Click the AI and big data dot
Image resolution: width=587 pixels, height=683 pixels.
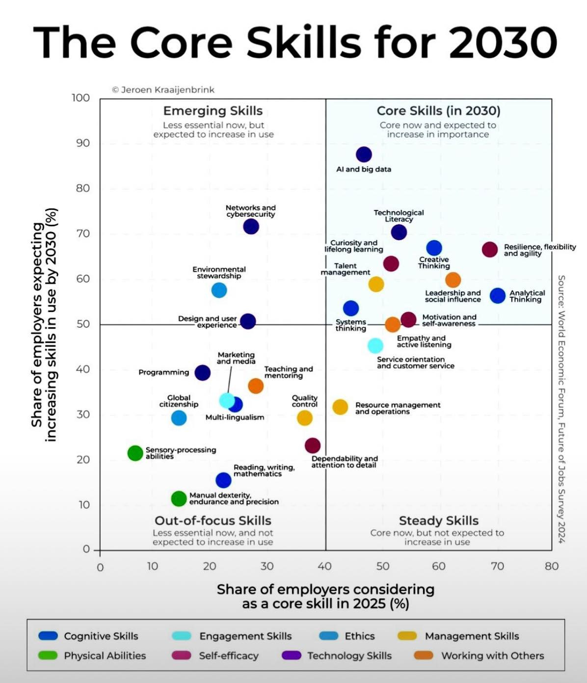[x=364, y=155]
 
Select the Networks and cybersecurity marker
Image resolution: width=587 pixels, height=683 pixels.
[x=251, y=227]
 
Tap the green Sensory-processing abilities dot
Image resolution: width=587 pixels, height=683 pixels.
[x=135, y=453]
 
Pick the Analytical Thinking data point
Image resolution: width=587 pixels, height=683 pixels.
[x=498, y=296]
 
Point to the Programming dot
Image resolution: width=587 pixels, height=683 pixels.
[x=202, y=373]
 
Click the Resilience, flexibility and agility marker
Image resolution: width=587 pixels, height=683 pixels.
[x=489, y=250]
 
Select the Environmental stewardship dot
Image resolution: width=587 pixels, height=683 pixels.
[x=219, y=290]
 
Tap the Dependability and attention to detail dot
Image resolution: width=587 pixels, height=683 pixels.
[x=313, y=446]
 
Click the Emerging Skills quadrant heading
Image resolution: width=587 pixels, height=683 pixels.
[x=213, y=111]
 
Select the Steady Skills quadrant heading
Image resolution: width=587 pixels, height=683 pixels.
[x=438, y=521]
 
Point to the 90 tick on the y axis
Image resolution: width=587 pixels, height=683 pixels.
[x=83, y=143]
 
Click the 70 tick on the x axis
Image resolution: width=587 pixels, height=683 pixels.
[x=497, y=566]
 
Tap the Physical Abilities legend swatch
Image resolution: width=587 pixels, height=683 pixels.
[x=48, y=656]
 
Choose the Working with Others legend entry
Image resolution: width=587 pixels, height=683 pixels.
[x=492, y=656]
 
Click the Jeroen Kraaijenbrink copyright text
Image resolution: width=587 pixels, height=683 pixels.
[x=163, y=90]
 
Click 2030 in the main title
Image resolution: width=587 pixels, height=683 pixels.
[x=503, y=42]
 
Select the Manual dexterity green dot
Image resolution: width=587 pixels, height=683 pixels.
[x=179, y=499]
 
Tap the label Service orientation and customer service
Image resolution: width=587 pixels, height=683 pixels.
[x=415, y=363]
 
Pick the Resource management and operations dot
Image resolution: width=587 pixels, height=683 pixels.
[x=340, y=407]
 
